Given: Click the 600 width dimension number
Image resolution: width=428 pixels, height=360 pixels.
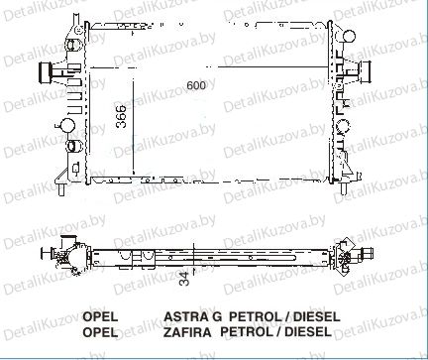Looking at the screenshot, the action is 196,85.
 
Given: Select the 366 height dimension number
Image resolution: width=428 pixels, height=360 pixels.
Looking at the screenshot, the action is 122,116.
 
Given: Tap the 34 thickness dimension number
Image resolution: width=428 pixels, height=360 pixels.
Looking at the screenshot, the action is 185,279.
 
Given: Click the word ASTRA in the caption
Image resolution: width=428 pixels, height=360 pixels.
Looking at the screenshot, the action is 186,316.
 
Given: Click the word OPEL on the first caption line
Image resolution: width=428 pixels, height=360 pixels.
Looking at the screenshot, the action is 100,316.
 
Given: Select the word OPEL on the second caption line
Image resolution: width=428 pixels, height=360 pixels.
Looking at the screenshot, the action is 100,332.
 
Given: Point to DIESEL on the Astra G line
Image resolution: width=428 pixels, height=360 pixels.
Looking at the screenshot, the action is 316,316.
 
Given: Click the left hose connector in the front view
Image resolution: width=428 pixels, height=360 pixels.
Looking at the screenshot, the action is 46,73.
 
